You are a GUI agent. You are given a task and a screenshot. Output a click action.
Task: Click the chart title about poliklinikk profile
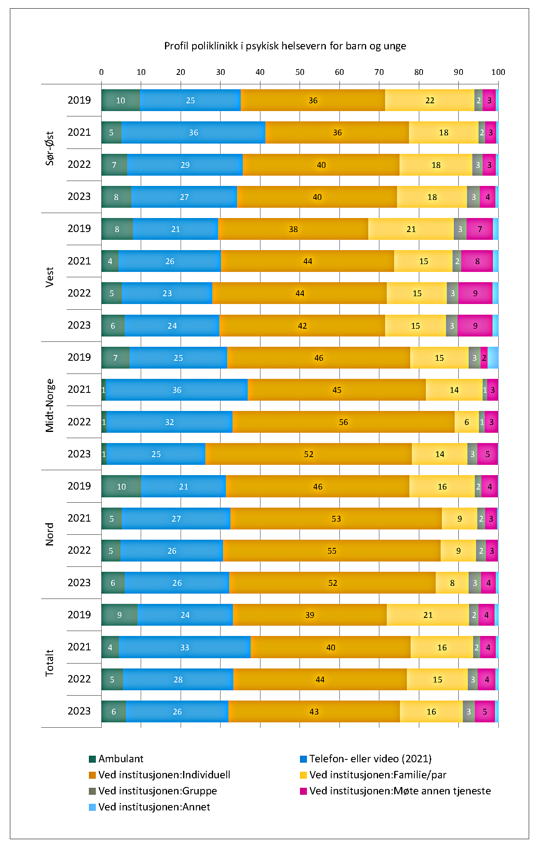click(x=285, y=46)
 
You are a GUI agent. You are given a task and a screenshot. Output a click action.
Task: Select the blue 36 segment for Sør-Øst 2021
click(x=193, y=132)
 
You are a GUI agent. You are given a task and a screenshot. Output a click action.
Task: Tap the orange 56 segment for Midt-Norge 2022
click(x=343, y=422)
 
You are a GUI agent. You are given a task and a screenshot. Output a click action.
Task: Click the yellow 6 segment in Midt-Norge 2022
click(x=467, y=422)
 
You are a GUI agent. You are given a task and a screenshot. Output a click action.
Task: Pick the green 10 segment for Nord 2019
click(x=121, y=487)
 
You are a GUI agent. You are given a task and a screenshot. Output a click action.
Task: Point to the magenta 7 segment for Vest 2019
click(x=480, y=229)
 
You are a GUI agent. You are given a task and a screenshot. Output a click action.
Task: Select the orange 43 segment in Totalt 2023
click(x=314, y=712)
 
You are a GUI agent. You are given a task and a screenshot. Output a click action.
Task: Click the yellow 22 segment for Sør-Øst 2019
click(x=430, y=100)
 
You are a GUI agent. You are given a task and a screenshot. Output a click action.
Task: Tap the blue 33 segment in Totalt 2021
click(x=184, y=647)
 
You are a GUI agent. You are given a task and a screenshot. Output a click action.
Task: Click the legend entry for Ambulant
click(x=121, y=759)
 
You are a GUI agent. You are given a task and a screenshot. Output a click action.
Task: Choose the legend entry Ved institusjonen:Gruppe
click(x=157, y=791)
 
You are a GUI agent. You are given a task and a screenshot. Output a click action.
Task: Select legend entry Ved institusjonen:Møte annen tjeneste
click(x=400, y=791)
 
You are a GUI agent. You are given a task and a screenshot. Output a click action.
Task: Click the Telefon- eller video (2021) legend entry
click(x=370, y=759)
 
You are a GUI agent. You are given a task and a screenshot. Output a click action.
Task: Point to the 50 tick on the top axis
click(x=300, y=72)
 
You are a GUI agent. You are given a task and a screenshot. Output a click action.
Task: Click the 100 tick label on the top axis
click(x=498, y=72)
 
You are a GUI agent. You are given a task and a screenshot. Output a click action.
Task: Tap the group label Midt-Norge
click(x=50, y=406)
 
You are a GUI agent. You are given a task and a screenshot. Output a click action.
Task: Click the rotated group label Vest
click(x=50, y=277)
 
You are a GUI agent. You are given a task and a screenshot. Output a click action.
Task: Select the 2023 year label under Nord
click(x=79, y=582)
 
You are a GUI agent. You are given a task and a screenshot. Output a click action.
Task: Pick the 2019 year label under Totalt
click(x=79, y=615)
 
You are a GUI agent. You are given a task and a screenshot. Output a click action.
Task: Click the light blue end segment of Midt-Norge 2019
click(x=493, y=358)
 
